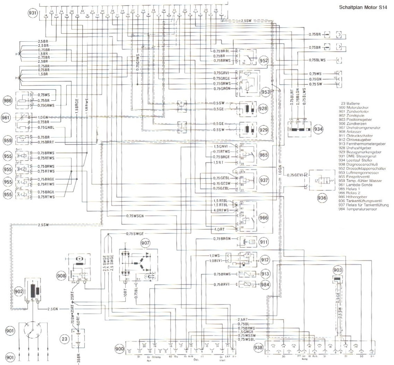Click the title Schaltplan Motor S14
pyautogui.click(x=363, y=8)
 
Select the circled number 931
pyautogui.click(x=33, y=13)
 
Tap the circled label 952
pyautogui.click(x=263, y=61)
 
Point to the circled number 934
pyautogui.click(x=318, y=129)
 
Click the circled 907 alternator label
pyautogui.click(x=145, y=243)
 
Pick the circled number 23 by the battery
pyautogui.click(x=64, y=339)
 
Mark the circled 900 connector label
pyautogui.click(x=119, y=349)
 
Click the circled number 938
pyautogui.click(x=259, y=347)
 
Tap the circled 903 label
pyautogui.click(x=338, y=270)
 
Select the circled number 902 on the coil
pyautogui.click(x=19, y=291)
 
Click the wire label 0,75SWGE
pyautogui.click(x=135, y=234)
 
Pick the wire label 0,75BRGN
pyautogui.click(x=222, y=239)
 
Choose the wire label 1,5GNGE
pyautogui.click(x=246, y=332)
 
